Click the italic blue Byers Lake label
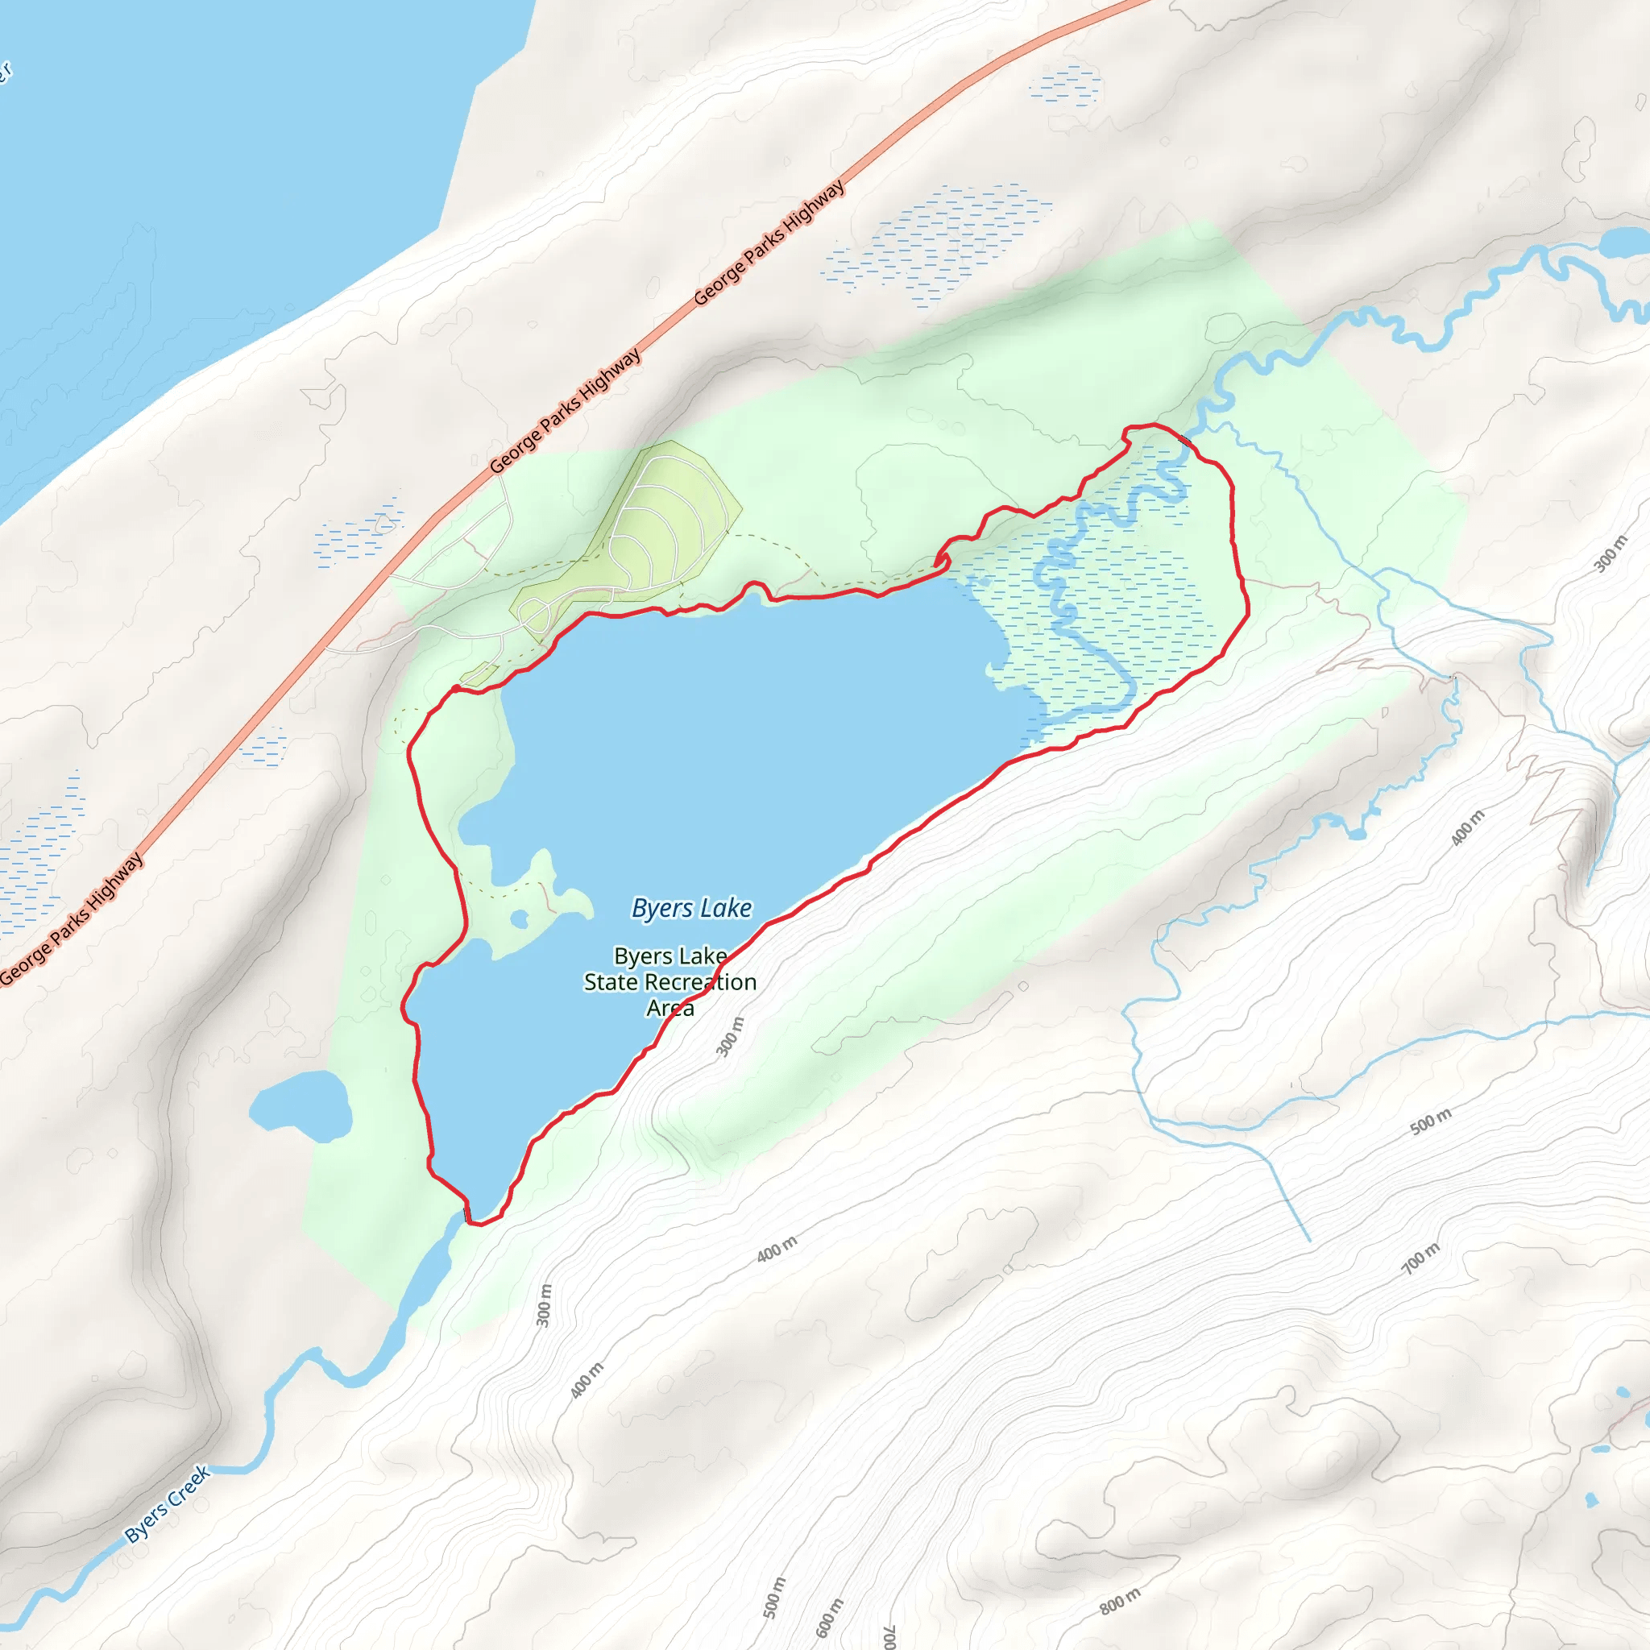(692, 908)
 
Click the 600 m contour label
(828, 1617)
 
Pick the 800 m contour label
(1120, 1602)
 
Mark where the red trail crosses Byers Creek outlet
(466, 1213)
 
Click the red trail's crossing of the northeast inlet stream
(1185, 441)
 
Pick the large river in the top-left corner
(214, 171)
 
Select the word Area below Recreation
(670, 1009)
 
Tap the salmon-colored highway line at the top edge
(1110, 10)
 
